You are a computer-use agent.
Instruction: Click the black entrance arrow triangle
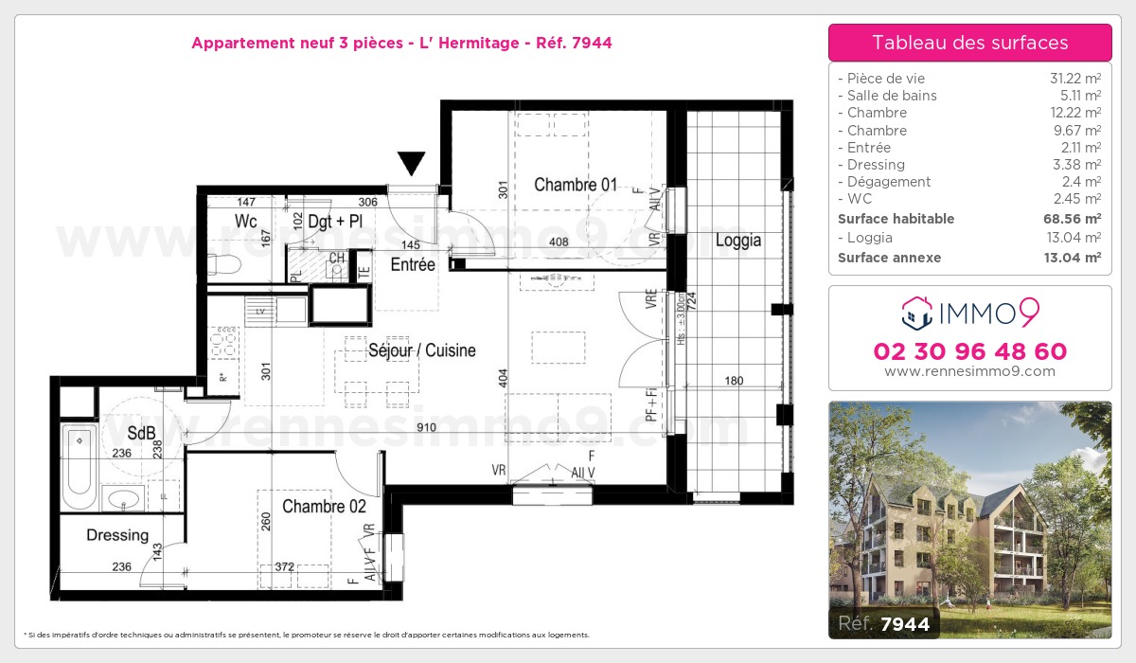(x=411, y=163)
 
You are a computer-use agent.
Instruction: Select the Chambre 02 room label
(x=324, y=507)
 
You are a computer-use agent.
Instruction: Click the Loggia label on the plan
(x=738, y=241)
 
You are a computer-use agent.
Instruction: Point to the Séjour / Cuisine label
(x=422, y=350)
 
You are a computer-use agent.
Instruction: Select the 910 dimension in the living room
(x=426, y=428)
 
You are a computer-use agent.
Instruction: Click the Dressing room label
(x=117, y=535)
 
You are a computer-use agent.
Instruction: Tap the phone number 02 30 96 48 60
(x=969, y=352)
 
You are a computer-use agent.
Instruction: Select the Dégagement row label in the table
(x=889, y=182)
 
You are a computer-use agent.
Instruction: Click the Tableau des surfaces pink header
(x=969, y=43)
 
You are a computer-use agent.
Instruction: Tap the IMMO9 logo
(x=969, y=311)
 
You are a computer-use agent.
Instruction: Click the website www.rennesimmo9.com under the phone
(x=969, y=371)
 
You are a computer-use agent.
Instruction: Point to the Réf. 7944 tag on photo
(x=880, y=623)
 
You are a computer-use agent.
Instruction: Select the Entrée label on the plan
(x=413, y=265)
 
